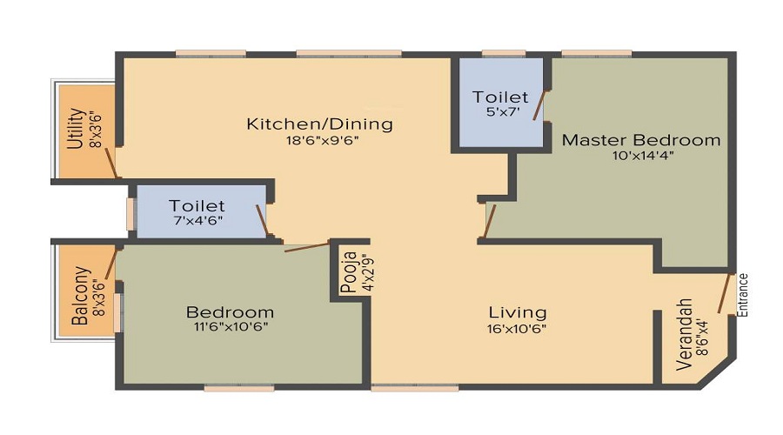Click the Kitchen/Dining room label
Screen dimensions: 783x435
tap(319, 124)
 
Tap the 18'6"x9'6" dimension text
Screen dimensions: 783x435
tap(322, 140)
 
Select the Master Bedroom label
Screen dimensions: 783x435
tap(641, 140)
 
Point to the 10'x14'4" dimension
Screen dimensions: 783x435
tap(643, 156)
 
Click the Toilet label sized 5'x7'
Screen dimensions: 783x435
tap(500, 97)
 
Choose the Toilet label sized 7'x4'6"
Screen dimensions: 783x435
tap(197, 205)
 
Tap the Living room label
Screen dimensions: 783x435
tap(518, 312)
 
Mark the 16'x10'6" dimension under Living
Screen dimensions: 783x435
tap(517, 329)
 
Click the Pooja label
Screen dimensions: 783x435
tap(350, 271)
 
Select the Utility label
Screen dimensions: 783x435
tap(75, 129)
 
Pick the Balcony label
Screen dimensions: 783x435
tap(80, 296)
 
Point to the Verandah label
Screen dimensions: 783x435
tap(685, 335)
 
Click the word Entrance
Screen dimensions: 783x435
tap(743, 295)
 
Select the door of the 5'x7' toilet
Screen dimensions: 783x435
tap(539, 105)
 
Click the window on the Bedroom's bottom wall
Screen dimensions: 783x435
tap(239, 387)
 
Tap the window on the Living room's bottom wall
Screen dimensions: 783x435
tap(415, 387)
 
